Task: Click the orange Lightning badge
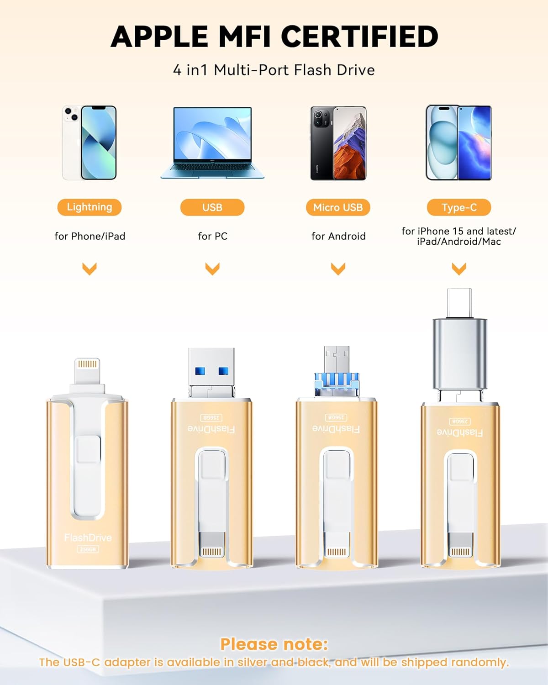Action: (90, 207)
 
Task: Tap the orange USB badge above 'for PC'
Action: (212, 207)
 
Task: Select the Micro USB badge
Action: (338, 207)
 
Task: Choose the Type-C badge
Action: (459, 207)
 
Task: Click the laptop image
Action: (212, 143)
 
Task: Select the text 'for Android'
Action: (338, 236)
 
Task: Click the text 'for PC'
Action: (213, 236)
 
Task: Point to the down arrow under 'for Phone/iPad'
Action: (90, 269)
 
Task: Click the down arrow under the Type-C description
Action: (459, 269)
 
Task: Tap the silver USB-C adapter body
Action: (460, 353)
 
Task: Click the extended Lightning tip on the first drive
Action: (87, 371)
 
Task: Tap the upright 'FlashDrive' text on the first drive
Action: (88, 538)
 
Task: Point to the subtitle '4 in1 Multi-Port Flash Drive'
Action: (274, 70)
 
